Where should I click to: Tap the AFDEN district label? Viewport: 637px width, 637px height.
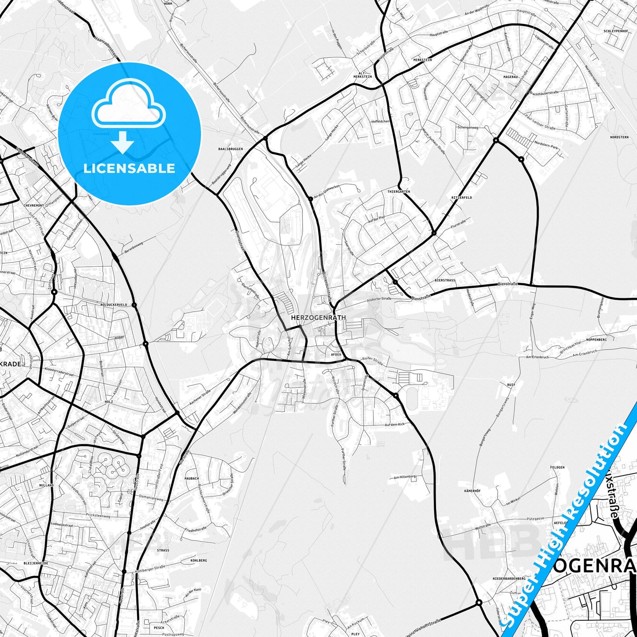point(336,354)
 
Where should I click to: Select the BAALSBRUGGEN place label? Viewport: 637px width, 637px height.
point(231,149)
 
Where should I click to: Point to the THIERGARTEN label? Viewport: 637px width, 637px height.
point(399,192)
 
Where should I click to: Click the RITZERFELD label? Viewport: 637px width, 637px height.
point(462,197)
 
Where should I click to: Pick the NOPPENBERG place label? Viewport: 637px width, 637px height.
point(596,339)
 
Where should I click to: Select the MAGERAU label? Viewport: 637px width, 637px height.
point(510,77)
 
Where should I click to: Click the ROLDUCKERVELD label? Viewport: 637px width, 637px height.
point(114,305)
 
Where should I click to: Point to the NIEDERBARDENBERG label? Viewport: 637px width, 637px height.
point(509,578)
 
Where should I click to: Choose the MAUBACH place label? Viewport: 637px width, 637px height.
point(192,478)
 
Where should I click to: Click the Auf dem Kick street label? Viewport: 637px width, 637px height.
point(394,425)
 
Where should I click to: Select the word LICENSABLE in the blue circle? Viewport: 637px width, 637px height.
point(129,168)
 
